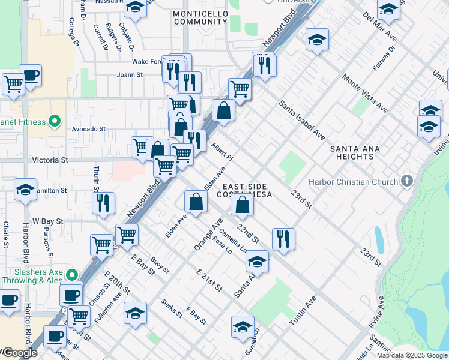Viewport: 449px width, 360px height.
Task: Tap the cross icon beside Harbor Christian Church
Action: click(407, 181)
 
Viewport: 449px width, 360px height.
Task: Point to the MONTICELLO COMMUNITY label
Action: click(200, 17)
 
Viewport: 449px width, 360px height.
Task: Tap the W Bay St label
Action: click(48, 221)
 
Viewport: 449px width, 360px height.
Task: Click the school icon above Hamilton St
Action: click(26, 189)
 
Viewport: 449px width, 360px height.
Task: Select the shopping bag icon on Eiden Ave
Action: click(196, 201)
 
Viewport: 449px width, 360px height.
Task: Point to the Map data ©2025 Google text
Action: click(412, 355)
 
